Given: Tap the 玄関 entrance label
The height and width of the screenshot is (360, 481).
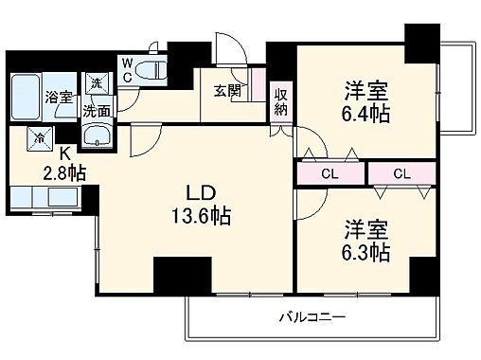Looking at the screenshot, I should click(x=224, y=91).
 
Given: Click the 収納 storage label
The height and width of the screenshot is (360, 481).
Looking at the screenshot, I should click(x=281, y=100).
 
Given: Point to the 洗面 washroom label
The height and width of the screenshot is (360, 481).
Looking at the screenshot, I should click(x=95, y=109).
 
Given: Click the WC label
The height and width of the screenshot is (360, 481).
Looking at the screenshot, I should click(x=126, y=69).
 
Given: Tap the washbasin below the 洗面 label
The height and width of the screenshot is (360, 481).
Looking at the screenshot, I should click(x=95, y=136).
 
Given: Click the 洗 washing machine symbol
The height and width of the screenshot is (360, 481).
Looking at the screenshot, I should click(x=95, y=83).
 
